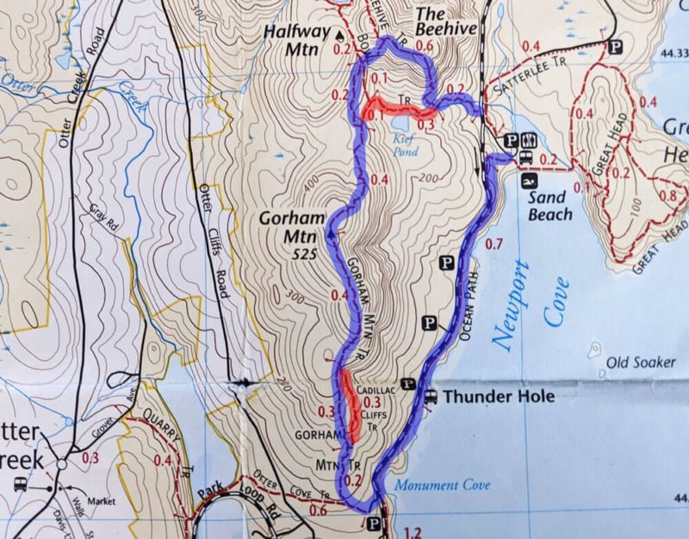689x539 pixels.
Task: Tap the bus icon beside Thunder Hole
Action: [430, 397]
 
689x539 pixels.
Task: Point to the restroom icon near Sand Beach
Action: [531, 139]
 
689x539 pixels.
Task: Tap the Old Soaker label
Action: [640, 362]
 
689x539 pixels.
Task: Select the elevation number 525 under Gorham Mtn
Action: [305, 254]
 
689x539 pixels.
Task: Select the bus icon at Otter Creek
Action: [19, 484]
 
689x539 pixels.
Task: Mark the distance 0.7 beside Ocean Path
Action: [493, 245]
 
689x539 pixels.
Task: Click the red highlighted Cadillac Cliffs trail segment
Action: [351, 405]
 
